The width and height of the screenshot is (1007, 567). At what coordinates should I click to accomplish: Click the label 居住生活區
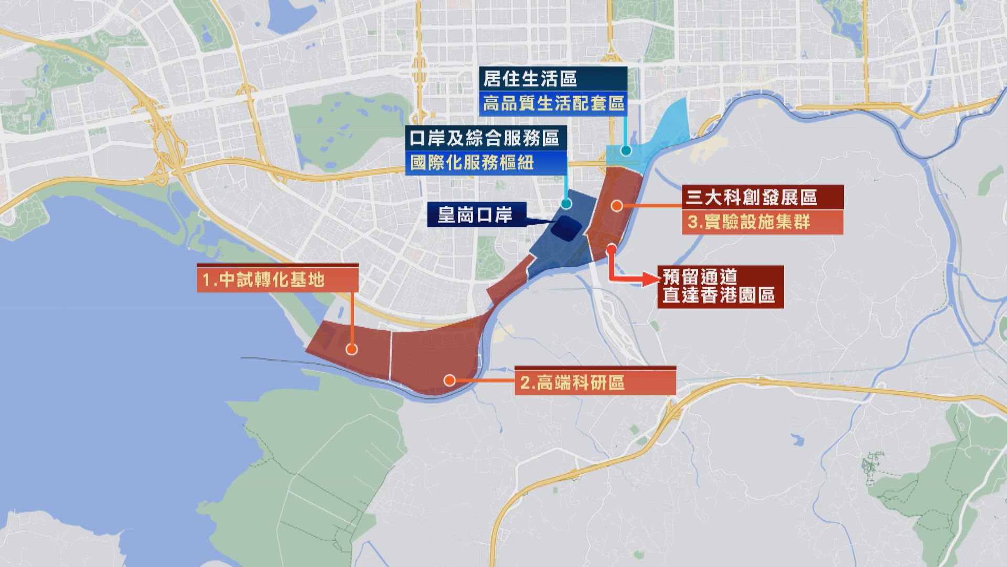pos(530,79)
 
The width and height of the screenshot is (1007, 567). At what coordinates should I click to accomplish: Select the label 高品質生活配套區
pos(553,103)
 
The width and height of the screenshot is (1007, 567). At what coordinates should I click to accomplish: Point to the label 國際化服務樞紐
pos(472,162)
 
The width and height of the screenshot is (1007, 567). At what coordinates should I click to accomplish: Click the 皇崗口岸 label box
pos(475,215)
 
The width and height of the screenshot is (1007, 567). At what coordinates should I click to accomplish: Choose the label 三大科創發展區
pos(752,197)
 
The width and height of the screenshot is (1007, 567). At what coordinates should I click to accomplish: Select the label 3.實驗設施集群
pos(749,222)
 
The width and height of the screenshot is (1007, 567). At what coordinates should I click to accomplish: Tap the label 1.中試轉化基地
pos(263,280)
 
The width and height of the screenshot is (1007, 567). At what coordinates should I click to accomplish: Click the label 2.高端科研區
pos(573,383)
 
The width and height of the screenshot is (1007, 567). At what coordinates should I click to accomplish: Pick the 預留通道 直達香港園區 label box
pos(718,286)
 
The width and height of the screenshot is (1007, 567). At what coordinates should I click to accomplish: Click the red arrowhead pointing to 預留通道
pos(650,279)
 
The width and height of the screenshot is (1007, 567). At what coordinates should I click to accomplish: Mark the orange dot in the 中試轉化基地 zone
pos(351,349)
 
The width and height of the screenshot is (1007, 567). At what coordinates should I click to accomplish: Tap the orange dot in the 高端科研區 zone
pos(449,380)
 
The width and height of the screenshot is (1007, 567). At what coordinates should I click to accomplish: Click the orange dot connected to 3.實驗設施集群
pos(617,206)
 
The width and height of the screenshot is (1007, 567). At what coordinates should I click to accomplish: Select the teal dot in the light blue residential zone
pos(625,151)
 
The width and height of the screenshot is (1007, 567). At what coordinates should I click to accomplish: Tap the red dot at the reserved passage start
pos(611,249)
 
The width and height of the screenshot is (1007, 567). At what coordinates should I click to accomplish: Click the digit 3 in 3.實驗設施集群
pos(693,223)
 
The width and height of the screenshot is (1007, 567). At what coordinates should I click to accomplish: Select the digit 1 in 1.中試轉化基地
pos(207,280)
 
